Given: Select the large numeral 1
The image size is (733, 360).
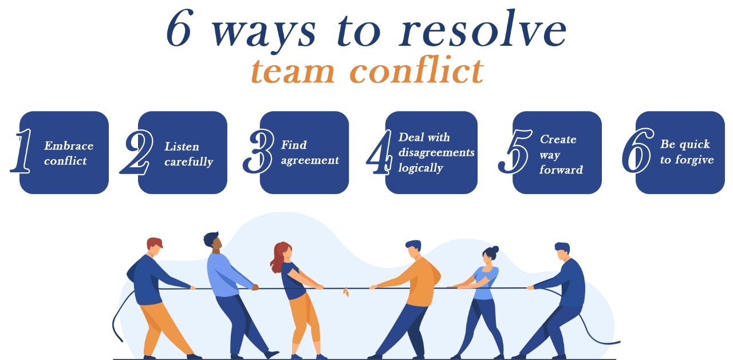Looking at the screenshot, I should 22,152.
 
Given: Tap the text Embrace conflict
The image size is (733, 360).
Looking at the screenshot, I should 69,153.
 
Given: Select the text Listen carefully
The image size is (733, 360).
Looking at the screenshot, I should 188,154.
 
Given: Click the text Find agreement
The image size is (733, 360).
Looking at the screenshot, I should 310,153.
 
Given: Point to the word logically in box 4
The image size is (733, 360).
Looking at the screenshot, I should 421,168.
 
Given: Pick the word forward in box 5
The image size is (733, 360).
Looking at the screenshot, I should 561,170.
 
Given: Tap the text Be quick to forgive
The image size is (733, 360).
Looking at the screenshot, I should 687,152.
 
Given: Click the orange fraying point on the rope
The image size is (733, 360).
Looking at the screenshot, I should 345,292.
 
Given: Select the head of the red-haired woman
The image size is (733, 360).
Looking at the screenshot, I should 282,252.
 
